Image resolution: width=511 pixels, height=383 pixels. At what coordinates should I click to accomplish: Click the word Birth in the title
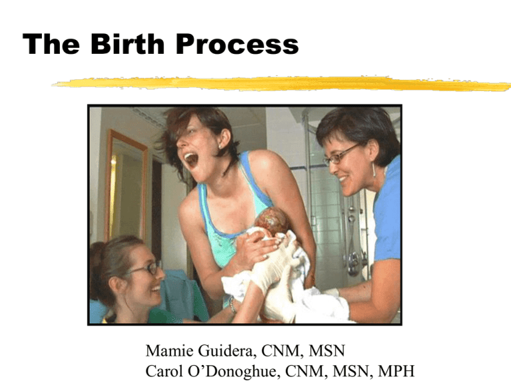(x=127, y=43)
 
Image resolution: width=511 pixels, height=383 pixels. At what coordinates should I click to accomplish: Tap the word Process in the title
(x=238, y=44)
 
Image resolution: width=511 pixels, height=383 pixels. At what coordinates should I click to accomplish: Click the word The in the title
(x=51, y=44)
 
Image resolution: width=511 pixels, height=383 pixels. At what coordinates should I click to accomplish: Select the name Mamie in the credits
(x=170, y=351)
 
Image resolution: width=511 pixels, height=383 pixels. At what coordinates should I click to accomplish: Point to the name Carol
(x=164, y=371)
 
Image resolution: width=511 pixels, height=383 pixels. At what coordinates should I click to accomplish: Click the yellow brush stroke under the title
(x=281, y=83)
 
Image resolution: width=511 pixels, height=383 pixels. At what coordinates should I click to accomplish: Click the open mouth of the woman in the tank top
(x=191, y=160)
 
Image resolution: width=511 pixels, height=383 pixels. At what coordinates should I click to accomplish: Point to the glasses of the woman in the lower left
(x=144, y=269)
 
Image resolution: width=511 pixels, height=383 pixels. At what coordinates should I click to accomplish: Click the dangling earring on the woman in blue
(x=374, y=169)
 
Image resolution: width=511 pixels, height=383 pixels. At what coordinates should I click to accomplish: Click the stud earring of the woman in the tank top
(x=220, y=147)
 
